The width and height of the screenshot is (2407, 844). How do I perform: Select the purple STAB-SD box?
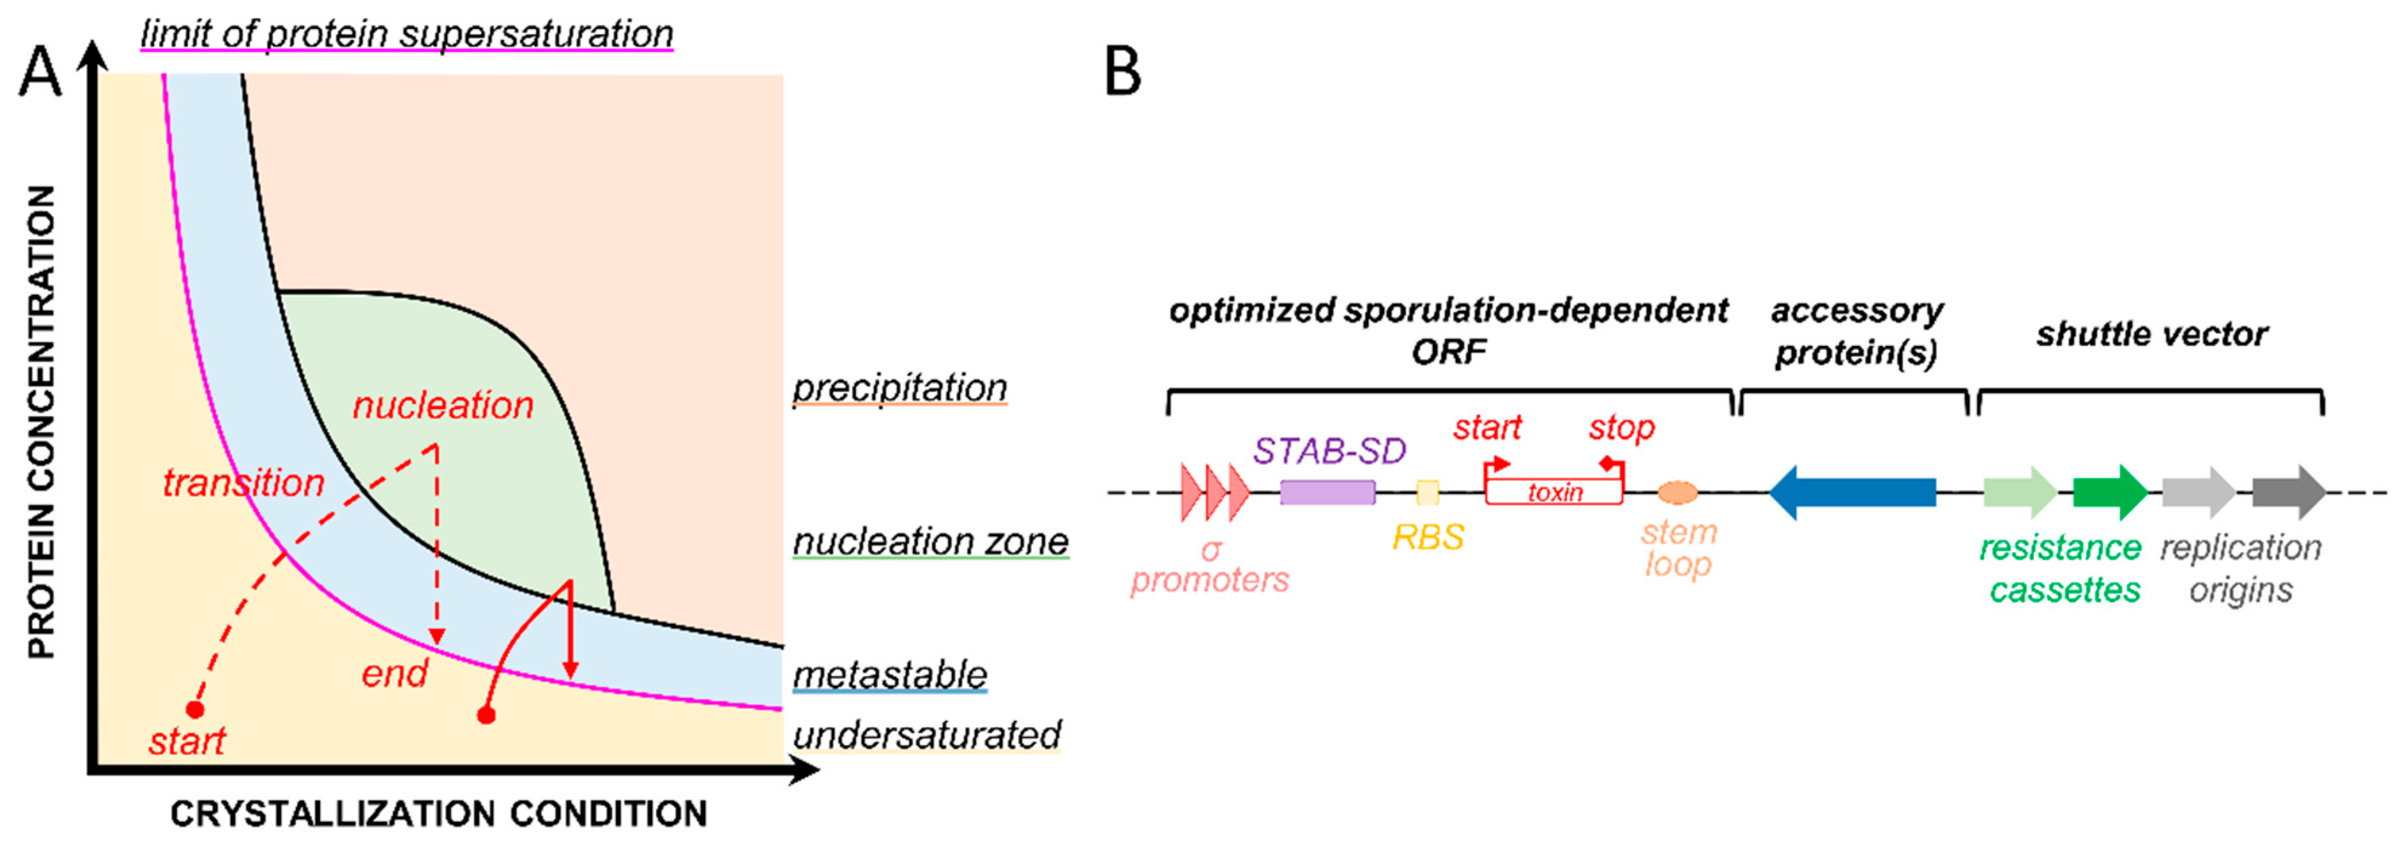pos(1327,493)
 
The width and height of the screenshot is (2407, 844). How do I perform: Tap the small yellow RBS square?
pos(1427,493)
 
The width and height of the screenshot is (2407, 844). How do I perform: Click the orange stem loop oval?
pos(1677,493)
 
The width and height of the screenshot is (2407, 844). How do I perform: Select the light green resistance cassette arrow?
pos(2019,493)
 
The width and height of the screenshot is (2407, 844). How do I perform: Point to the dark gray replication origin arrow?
pos(2288,493)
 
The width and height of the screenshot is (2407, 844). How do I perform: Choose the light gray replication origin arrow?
pos(2198,493)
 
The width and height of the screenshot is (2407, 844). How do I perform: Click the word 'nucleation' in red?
pos(443,406)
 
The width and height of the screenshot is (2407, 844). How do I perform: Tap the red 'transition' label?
pos(243,483)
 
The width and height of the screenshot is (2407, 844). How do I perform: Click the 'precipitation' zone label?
pos(900,388)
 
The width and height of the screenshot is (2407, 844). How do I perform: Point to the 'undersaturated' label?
pos(927,736)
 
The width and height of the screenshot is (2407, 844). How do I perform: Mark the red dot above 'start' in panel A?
pos(195,709)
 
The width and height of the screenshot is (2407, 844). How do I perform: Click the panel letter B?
pos(1122,72)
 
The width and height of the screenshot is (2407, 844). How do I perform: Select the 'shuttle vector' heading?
pos(2151,334)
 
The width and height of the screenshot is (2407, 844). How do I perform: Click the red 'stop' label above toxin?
pos(1621,428)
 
